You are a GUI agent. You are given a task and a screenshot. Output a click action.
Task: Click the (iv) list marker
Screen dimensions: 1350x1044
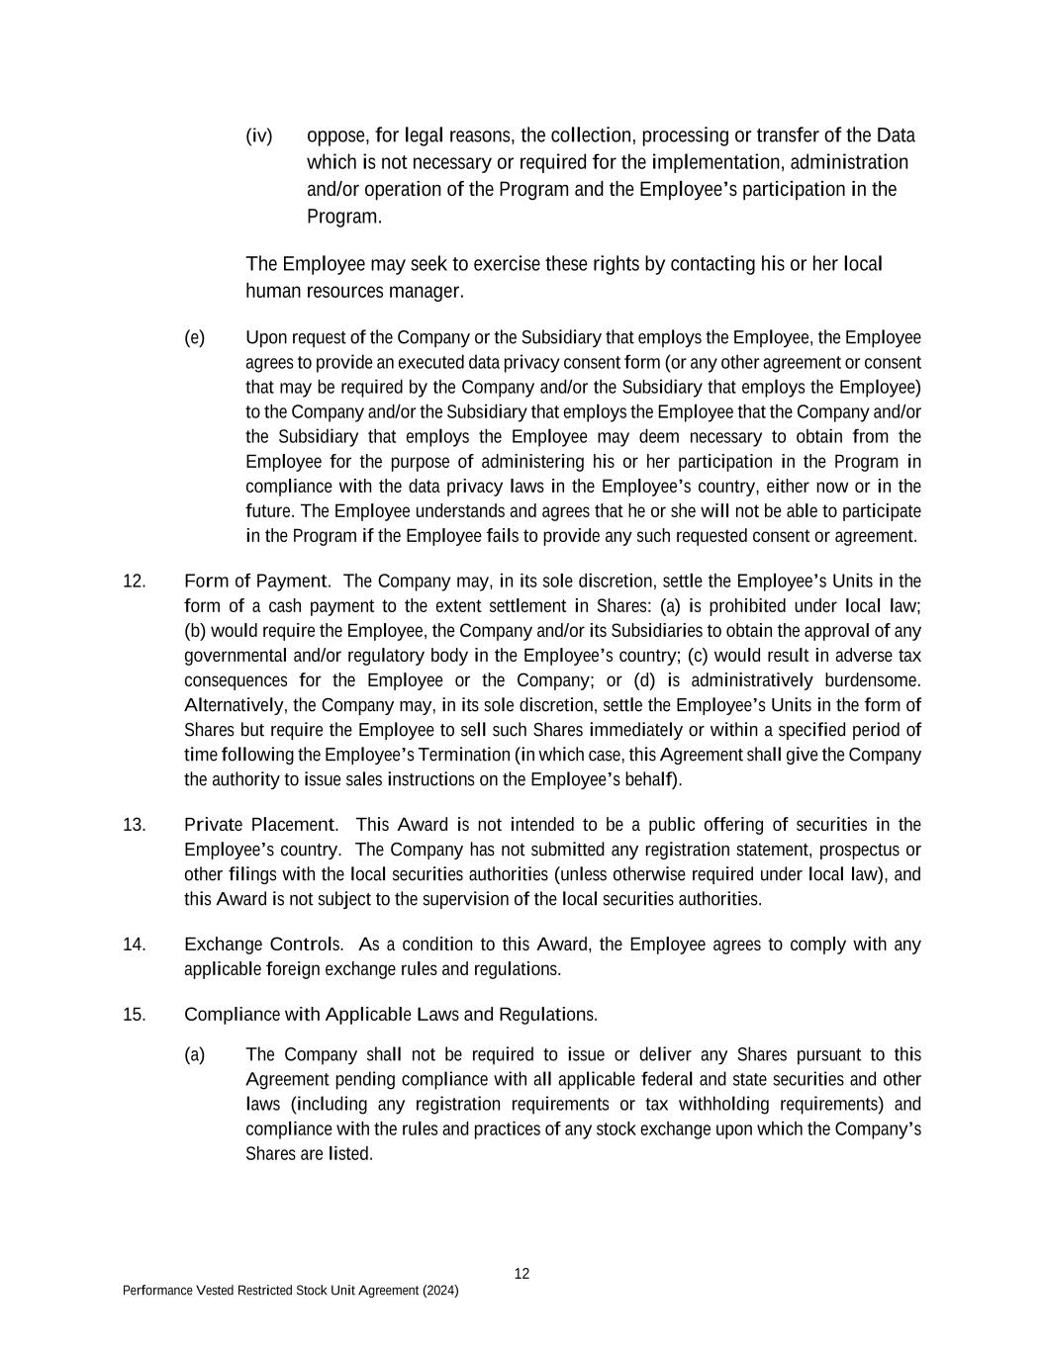(x=258, y=135)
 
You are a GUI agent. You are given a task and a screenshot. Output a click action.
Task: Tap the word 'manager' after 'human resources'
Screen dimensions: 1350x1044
(x=427, y=292)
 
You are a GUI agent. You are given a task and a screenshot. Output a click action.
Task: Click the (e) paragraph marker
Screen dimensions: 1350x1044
(x=194, y=338)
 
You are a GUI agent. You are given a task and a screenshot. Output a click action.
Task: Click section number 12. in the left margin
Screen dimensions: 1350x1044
(x=134, y=582)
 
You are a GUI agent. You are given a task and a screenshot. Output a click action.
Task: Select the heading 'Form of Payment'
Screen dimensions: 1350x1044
(x=255, y=582)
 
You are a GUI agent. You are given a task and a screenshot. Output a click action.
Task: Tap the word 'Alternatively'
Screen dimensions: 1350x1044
(x=235, y=705)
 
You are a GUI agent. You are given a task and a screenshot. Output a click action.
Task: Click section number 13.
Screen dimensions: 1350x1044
(x=134, y=825)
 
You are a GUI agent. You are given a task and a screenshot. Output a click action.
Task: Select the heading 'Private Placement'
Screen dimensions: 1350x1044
(x=259, y=825)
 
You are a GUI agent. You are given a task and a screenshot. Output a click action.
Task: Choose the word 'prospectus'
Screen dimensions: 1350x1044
(x=864, y=850)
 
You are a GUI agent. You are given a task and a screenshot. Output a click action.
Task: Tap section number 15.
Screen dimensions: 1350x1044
(x=134, y=1015)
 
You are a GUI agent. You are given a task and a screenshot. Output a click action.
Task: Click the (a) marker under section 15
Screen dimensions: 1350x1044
(x=194, y=1055)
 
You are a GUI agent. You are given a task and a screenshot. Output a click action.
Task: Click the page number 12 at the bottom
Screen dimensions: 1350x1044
(x=522, y=1274)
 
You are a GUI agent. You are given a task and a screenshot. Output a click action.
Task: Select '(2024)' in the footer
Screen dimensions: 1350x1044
(x=440, y=1291)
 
